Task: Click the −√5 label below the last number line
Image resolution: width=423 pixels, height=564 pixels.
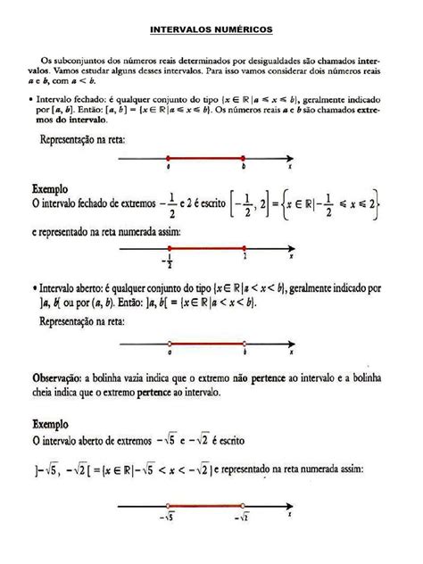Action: coord(167,518)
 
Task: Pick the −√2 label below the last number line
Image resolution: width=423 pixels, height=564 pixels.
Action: coord(244,518)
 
